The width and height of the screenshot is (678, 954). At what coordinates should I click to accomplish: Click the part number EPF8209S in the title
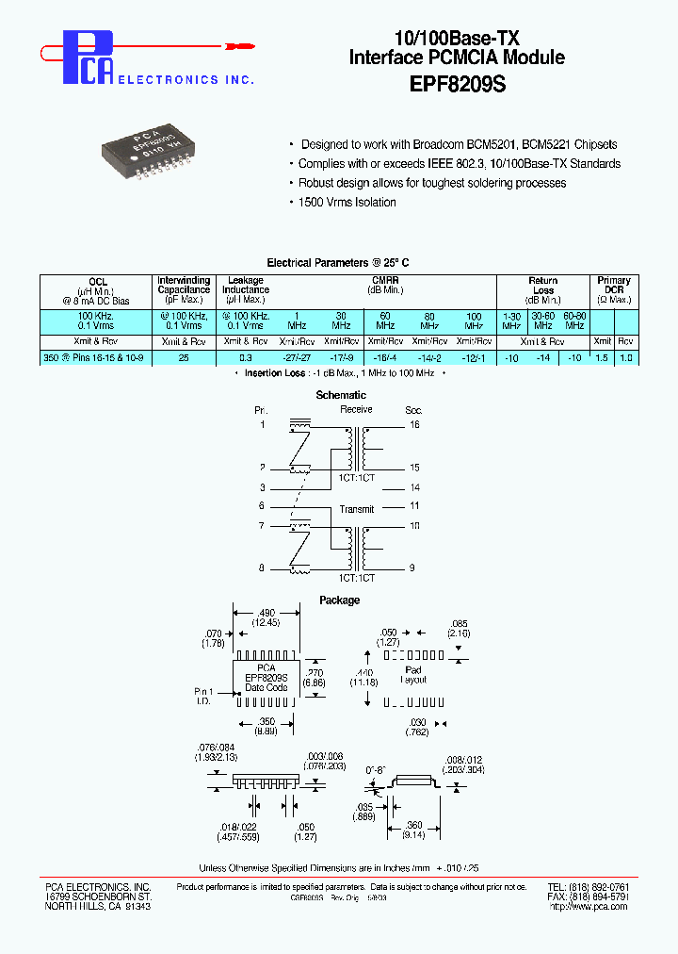tap(458, 83)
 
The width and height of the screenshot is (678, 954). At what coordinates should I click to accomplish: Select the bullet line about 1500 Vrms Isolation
tap(347, 203)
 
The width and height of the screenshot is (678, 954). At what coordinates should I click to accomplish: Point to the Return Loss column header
tap(543, 286)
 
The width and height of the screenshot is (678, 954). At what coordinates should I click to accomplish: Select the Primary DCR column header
tap(614, 286)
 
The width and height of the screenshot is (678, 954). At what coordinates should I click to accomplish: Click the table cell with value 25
tap(184, 358)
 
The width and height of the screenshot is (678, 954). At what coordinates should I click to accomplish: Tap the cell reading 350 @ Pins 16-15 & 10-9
tap(98, 358)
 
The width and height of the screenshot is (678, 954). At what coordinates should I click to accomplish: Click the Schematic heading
tap(340, 395)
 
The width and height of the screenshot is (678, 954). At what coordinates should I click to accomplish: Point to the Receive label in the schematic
tap(356, 410)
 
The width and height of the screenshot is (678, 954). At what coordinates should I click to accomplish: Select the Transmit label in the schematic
tap(358, 509)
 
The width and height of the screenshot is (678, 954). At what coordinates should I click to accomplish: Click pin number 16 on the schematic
tap(414, 425)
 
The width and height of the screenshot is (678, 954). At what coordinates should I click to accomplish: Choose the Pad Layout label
tap(412, 673)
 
